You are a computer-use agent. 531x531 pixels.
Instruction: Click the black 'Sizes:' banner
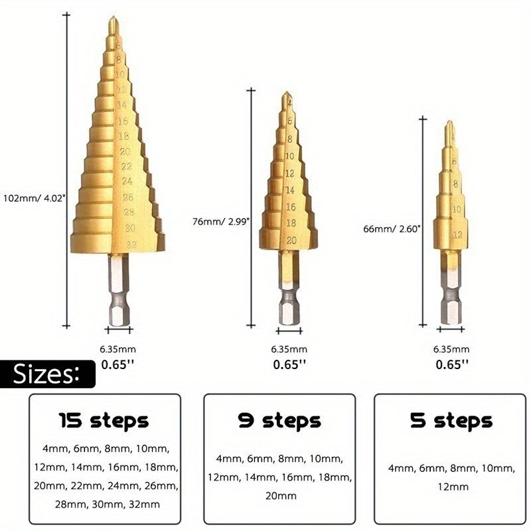tap(47, 374)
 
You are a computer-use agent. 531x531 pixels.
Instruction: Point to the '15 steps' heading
tap(104, 421)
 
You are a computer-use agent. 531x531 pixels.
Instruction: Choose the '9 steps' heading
tap(279, 421)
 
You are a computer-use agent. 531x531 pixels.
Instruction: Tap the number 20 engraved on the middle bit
tap(290, 240)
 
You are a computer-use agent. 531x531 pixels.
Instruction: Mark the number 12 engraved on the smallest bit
tap(457, 235)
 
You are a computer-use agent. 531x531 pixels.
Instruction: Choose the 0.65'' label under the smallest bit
tap(451, 364)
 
